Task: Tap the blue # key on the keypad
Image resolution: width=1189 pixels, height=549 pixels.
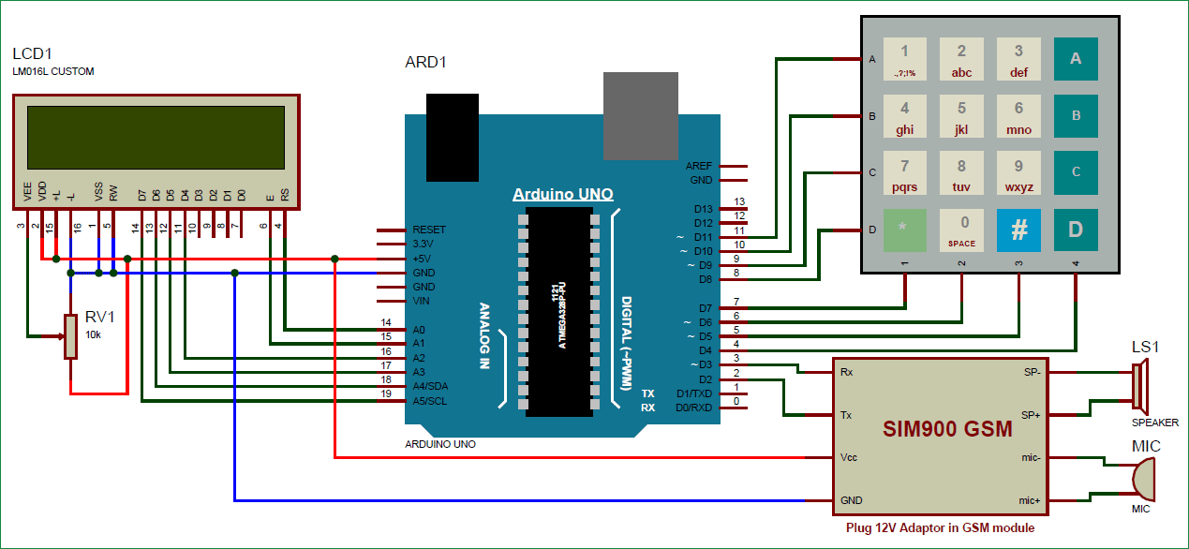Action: point(1018,230)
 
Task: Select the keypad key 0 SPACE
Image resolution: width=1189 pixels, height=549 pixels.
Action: point(961,230)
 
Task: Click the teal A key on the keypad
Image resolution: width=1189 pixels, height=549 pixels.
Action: point(1076,58)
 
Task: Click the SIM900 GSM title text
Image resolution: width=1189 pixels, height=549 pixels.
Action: point(947,429)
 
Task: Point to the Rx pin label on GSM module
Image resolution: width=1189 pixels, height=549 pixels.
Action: point(846,372)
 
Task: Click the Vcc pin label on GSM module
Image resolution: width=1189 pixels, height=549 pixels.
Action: point(849,457)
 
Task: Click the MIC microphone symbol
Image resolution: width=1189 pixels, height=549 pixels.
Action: point(1142,480)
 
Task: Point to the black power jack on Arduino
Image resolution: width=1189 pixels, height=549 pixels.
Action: point(452,137)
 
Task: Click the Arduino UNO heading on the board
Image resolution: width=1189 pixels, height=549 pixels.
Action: point(562,195)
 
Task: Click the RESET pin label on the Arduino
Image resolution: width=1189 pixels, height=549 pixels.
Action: point(429,230)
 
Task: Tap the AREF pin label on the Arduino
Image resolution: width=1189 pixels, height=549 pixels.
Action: point(699,166)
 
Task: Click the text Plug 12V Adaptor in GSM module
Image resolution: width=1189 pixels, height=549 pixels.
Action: point(940,528)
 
